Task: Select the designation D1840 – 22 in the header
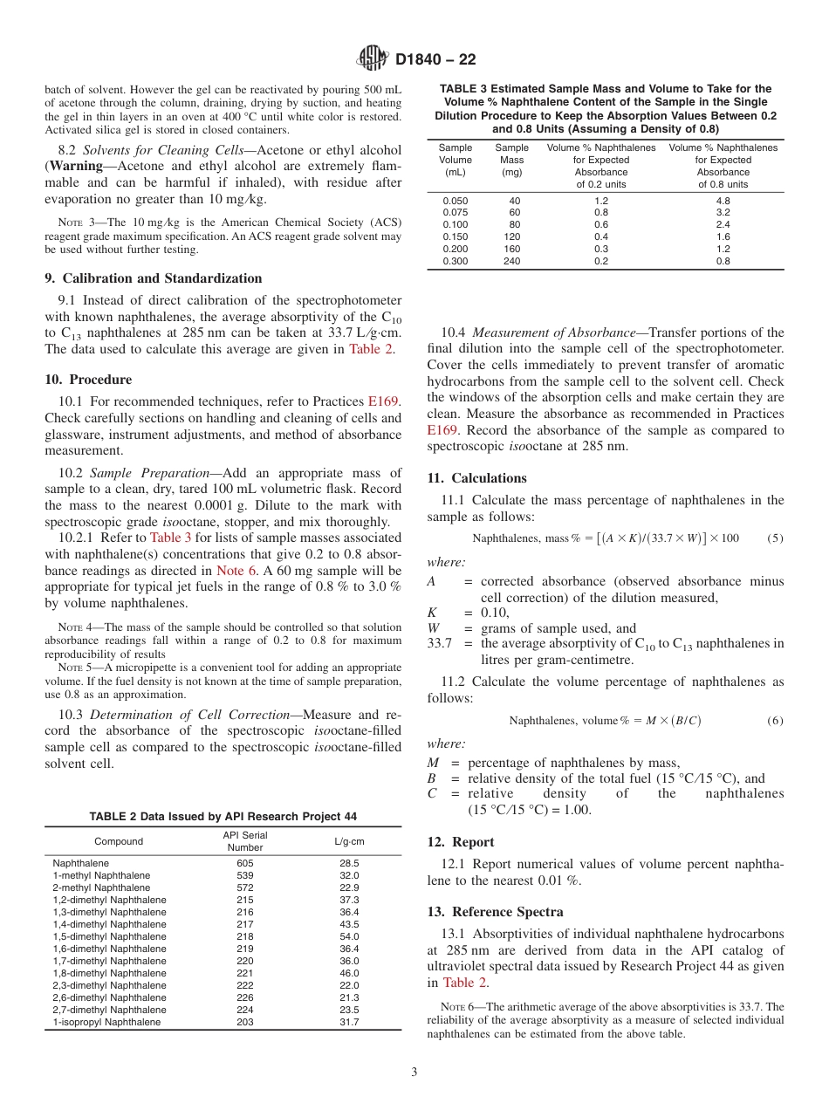(435, 60)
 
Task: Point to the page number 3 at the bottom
(414, 1072)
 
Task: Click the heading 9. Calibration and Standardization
(154, 278)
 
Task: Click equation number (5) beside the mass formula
(775, 538)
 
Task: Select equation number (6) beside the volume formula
(775, 720)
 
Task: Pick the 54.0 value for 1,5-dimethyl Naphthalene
(349, 936)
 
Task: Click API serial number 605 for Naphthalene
(244, 863)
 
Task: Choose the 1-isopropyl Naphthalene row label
(106, 1022)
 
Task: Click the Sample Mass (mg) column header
(511, 161)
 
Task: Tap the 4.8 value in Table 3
(723, 200)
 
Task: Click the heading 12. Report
(461, 842)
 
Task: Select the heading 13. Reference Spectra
(495, 912)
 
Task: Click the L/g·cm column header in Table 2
(349, 841)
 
